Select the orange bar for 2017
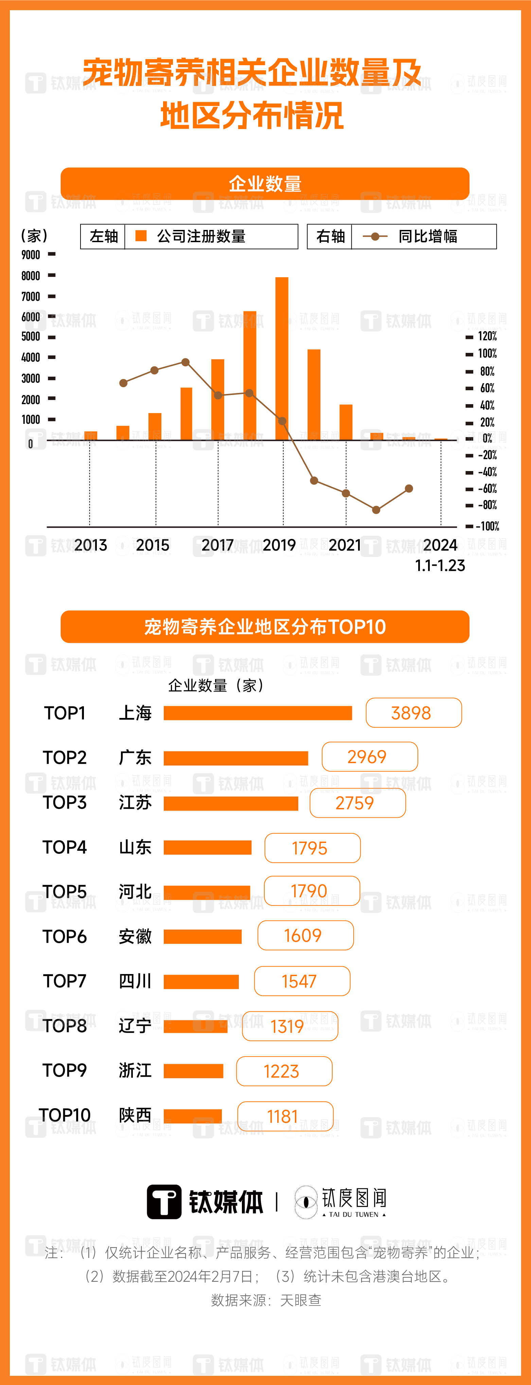point(218,399)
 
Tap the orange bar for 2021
point(346,422)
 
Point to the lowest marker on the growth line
point(376,510)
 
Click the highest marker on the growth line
point(185,362)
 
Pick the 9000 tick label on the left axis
point(31,255)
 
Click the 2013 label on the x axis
point(90,545)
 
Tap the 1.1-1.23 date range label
point(440,565)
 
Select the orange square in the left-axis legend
point(141,236)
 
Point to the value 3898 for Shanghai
point(411,713)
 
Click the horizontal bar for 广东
point(236,758)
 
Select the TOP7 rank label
point(65,981)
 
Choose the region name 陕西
point(135,1115)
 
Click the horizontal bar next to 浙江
point(193,1071)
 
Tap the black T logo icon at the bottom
point(164,1202)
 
